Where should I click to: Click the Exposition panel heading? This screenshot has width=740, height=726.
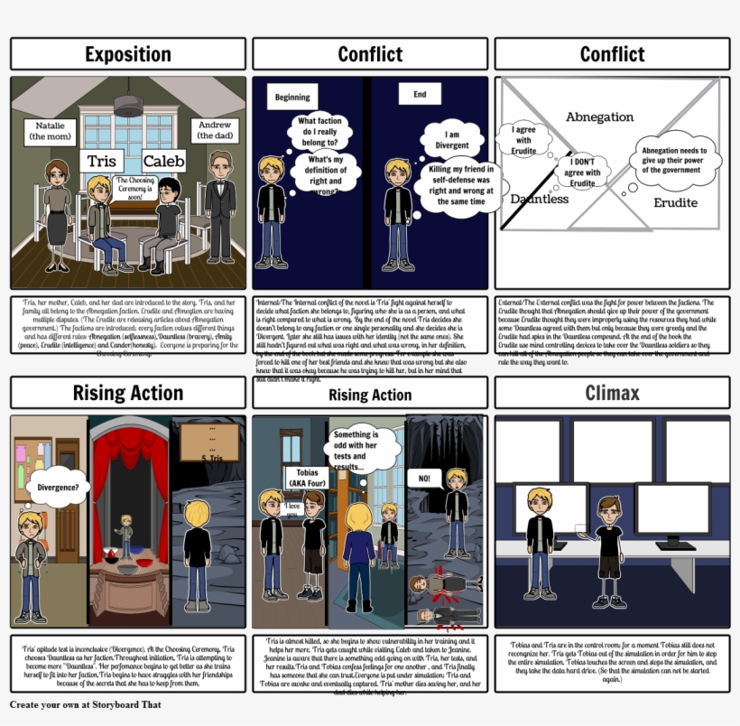127,54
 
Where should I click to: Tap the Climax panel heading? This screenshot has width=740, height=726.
612,393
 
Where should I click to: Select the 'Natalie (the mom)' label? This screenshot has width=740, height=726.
51,132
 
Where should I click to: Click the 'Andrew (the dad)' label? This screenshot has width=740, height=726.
215,131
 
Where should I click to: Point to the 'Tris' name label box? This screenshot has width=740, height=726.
102,162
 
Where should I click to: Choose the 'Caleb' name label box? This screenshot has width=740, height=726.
163,162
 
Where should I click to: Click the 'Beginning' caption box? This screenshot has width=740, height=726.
291,98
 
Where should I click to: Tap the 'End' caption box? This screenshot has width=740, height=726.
420,94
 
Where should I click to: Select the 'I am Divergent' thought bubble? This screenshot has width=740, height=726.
452,140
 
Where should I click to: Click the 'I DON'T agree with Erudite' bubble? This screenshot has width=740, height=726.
582,172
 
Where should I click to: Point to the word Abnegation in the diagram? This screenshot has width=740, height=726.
599,117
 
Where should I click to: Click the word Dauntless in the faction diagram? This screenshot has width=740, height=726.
539,199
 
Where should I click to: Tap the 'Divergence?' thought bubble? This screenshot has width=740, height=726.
58,488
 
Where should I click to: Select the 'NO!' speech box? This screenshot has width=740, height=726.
423,477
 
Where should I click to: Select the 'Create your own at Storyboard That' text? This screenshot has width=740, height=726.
86,704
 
